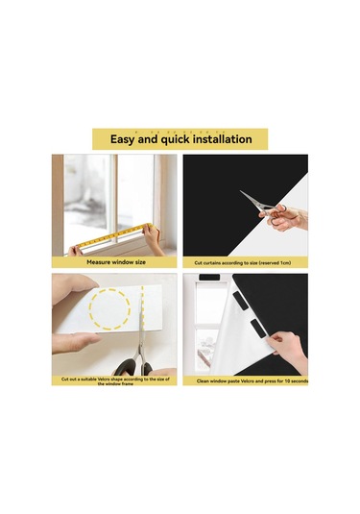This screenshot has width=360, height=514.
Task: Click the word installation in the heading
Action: pos(218,139)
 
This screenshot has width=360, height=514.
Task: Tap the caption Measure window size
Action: pos(116,261)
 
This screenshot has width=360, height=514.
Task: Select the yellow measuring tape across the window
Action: pos(110,234)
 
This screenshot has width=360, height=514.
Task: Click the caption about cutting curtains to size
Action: pos(245,261)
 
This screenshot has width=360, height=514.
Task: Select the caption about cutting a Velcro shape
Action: pos(114,381)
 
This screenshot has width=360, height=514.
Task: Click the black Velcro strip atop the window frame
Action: pos(208,278)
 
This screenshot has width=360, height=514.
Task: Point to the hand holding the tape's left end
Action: pos(76,251)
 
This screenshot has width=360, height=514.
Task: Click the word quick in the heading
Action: pos(167,139)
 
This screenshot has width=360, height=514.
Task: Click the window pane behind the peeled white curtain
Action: pos(209,307)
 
